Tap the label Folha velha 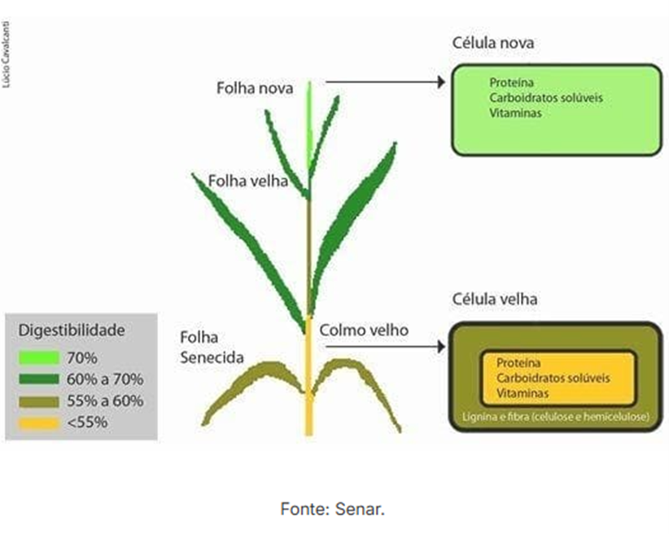247,180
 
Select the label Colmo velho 364,330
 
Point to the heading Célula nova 493,42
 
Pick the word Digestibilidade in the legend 72,330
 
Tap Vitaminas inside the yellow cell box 522,392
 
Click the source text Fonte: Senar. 332,510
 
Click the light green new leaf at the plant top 310,122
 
